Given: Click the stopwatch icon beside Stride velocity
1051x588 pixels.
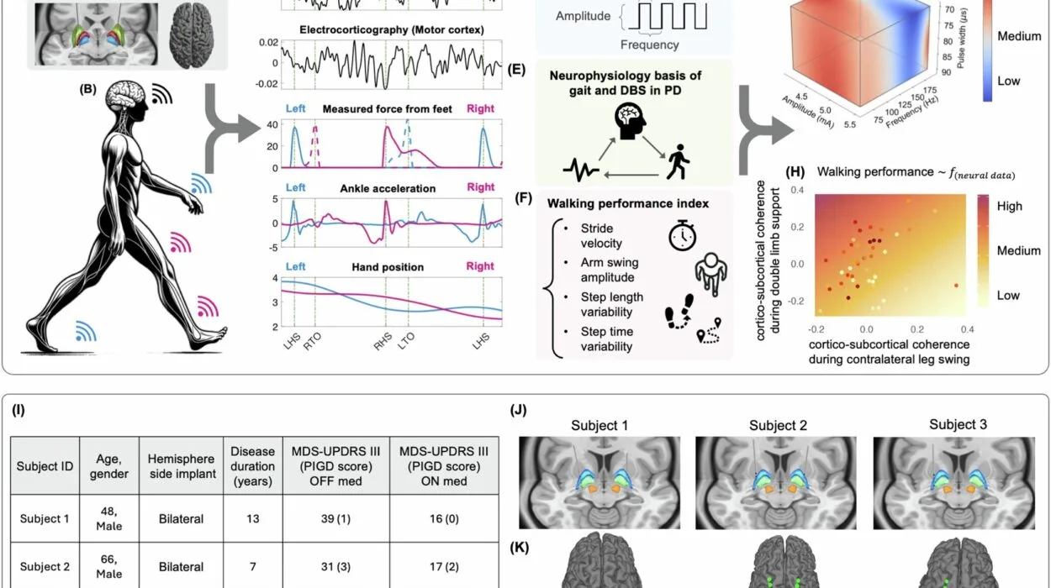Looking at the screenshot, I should click(x=683, y=236).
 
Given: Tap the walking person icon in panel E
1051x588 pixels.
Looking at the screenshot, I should click(x=677, y=161).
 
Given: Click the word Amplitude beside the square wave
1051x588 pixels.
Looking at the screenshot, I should click(x=584, y=16).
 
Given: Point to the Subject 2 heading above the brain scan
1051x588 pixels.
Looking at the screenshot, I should click(x=778, y=426).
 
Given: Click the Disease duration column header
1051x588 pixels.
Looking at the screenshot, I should click(x=252, y=465).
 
